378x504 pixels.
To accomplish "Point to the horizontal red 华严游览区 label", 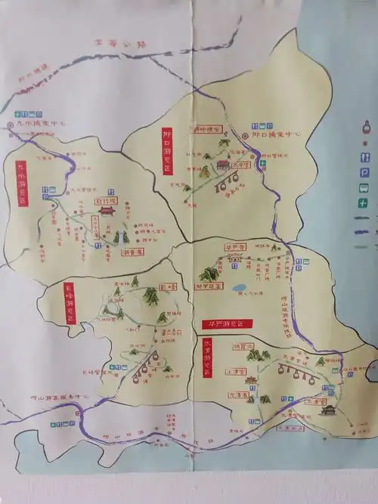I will (x=225, y=323).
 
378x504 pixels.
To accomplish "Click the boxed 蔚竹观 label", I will (x=107, y=202).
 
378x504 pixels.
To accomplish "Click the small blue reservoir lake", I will (x=240, y=288).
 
